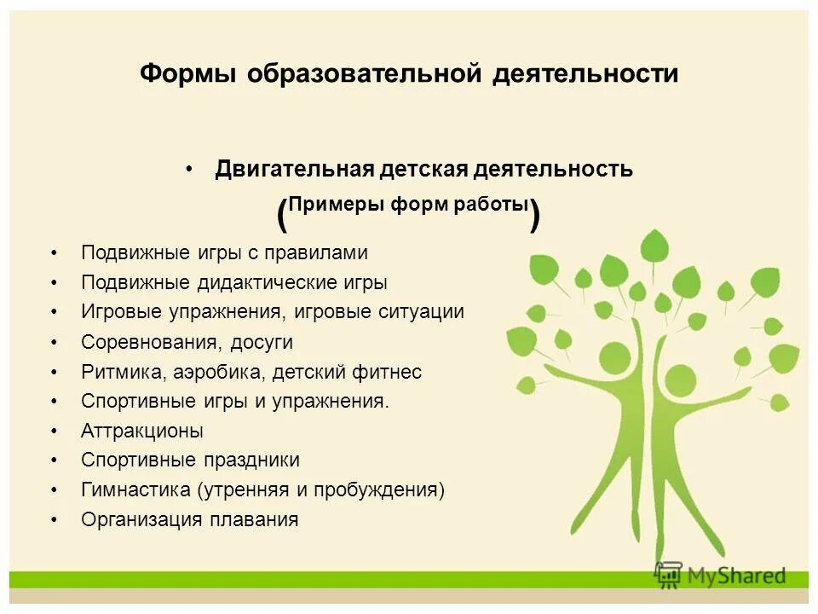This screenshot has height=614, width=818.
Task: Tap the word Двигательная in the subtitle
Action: coord(295,169)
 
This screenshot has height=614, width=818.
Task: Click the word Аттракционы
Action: coord(142,431)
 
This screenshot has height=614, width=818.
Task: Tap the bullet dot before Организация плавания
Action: coord(55,519)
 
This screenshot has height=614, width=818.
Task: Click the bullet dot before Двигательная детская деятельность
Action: coord(189,169)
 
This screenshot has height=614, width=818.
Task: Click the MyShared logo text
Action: coord(735,576)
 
